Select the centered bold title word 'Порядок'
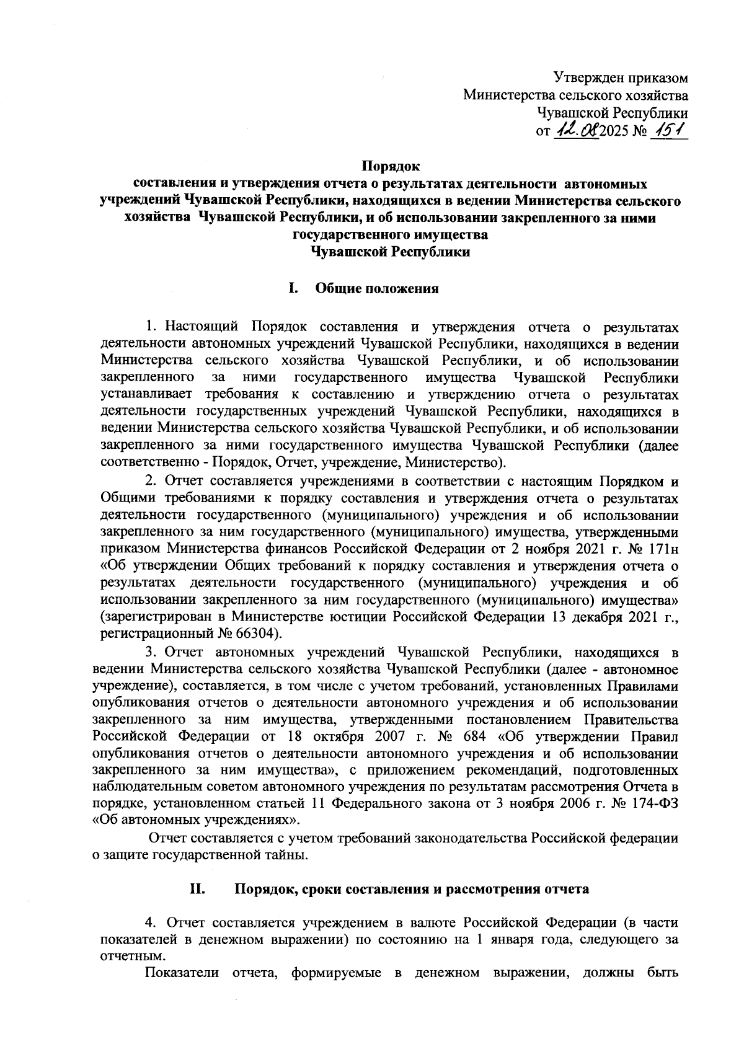pyautogui.click(x=391, y=167)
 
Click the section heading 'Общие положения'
pyautogui.click(x=378, y=289)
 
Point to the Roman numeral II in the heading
pyautogui.click(x=197, y=889)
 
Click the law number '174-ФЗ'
pyautogui.click(x=655, y=804)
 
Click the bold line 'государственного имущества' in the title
pyautogui.click(x=390, y=236)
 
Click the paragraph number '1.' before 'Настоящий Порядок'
pyautogui.click(x=150, y=327)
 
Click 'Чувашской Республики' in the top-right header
pyautogui.click(x=612, y=113)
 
